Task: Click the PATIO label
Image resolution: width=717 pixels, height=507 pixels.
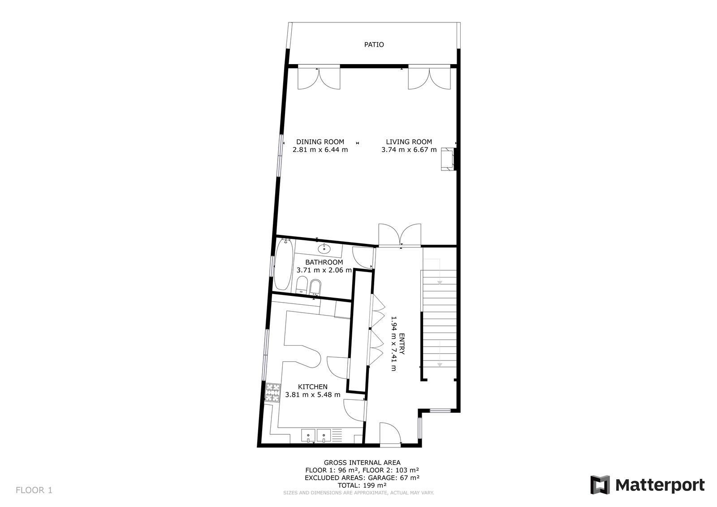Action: point(374,44)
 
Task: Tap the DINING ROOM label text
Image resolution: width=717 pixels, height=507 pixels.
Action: point(320,142)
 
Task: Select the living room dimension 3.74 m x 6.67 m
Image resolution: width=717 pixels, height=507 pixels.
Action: point(409,150)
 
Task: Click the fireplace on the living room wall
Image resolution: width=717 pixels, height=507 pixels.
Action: point(448,159)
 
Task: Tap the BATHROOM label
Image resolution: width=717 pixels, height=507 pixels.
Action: point(324,262)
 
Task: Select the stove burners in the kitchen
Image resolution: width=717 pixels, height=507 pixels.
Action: point(273,392)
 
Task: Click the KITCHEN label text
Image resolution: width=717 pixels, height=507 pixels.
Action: point(313,386)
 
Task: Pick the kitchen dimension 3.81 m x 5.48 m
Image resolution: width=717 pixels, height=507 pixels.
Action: point(313,394)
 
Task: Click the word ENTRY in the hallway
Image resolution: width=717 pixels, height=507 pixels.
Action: point(402,344)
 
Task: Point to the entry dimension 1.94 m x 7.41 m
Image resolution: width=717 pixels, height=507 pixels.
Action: point(394,344)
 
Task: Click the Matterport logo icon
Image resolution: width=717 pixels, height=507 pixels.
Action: point(600,485)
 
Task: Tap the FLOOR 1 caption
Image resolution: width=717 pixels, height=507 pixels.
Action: point(34,490)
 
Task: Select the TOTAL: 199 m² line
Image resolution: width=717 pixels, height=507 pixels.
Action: point(362,485)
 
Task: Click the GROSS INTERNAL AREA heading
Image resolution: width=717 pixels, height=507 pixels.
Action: point(362,463)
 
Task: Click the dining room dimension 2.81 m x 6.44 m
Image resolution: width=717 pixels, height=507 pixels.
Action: point(320,150)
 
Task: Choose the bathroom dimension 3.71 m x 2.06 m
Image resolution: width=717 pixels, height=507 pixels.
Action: point(324,270)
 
